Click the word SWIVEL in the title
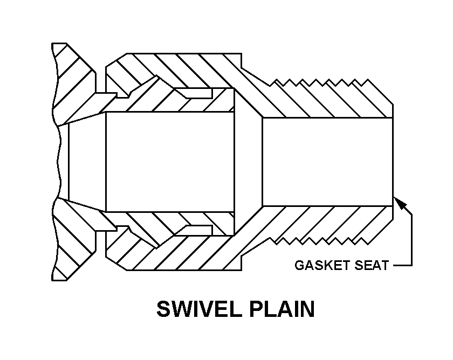(x=195, y=309)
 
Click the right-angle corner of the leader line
(x=411, y=265)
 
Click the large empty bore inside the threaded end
(x=326, y=162)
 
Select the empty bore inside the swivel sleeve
(x=170, y=162)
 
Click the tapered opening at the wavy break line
(x=86, y=162)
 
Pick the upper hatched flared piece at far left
(x=73, y=81)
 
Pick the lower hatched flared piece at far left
(x=73, y=243)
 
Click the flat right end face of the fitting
(x=392, y=162)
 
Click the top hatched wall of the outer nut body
(x=178, y=67)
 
